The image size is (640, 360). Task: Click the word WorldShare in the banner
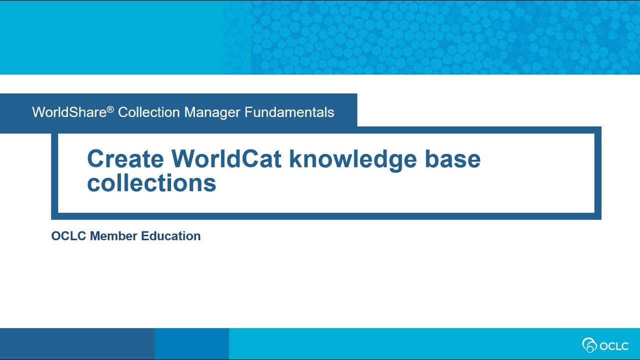coord(69,112)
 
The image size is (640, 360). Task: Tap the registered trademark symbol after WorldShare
coord(110,108)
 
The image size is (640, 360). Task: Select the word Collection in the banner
coord(149,112)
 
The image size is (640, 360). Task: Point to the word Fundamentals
coord(289,112)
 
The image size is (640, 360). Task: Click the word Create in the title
coord(125,159)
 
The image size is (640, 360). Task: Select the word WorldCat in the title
coord(227,159)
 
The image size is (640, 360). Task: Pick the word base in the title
coord(452,159)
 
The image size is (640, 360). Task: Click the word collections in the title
coord(151,183)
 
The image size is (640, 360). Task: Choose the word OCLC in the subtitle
coord(68,236)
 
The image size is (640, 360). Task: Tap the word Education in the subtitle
coord(171,236)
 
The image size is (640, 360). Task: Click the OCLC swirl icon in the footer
coord(590,345)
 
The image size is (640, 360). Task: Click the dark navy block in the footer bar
coord(77,344)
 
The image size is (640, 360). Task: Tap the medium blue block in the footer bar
coord(191,344)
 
